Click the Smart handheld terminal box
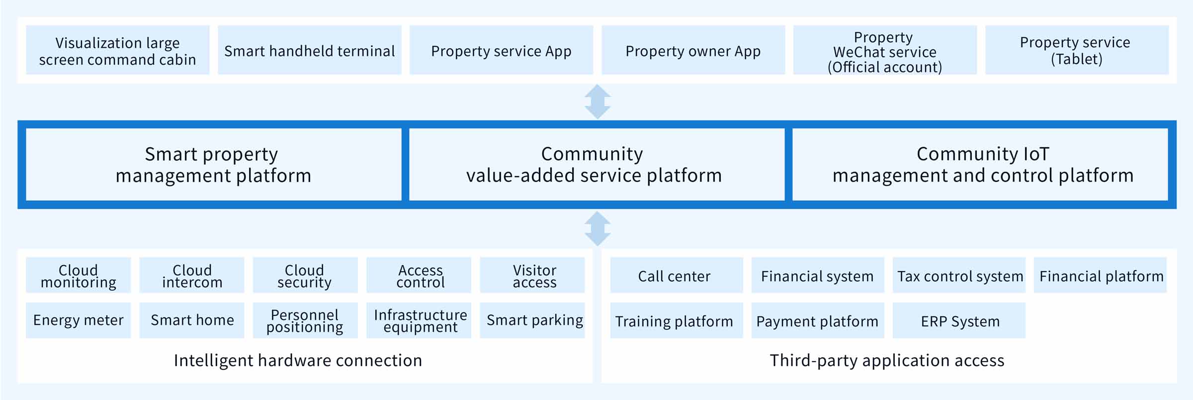[310, 50]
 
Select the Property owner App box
[693, 50]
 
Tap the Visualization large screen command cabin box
[118, 50]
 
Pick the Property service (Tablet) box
[1077, 50]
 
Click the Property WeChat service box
[885, 50]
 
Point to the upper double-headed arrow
[597, 101]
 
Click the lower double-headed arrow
[597, 228]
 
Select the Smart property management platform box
[214, 165]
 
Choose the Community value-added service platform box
[597, 165]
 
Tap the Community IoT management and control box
[980, 165]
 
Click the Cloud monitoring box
[79, 275]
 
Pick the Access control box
[419, 275]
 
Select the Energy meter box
[79, 320]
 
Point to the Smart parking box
[532, 320]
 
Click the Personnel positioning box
[305, 320]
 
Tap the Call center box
[677, 275]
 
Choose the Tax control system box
[959, 275]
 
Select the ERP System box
[959, 320]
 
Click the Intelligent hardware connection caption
[298, 361]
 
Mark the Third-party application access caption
[887, 361]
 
